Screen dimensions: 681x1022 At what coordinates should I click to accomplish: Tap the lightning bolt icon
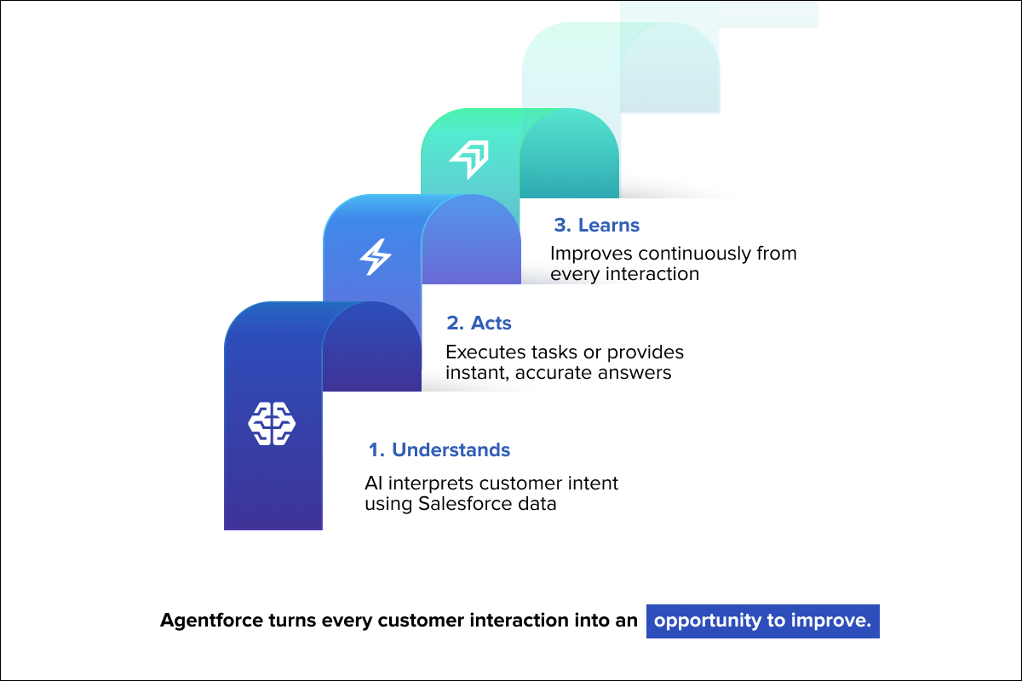374,256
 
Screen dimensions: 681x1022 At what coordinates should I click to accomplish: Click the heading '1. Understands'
439,449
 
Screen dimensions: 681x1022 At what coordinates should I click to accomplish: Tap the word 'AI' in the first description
373,484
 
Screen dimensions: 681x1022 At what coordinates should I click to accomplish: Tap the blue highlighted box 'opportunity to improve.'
762,621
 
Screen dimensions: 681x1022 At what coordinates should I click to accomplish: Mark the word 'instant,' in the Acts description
475,372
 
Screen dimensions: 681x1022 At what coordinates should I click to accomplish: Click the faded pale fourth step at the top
620,68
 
